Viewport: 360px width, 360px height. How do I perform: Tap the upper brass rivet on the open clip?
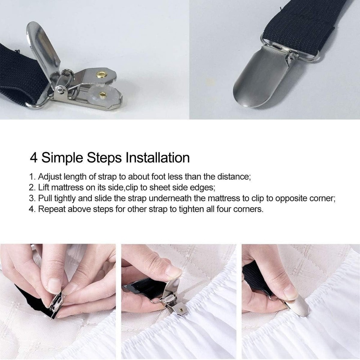(103, 74)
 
